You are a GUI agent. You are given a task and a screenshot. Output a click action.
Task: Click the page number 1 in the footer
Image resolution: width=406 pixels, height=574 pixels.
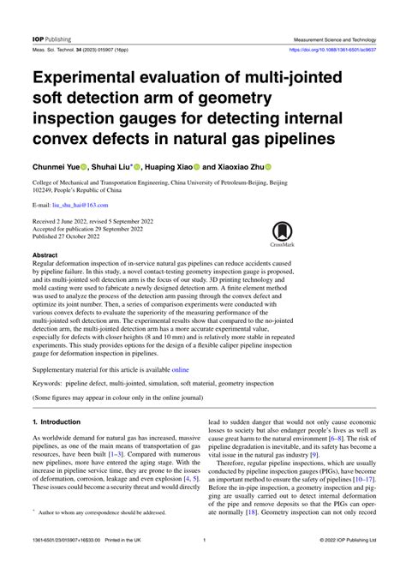pyautogui.click(x=203, y=563)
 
